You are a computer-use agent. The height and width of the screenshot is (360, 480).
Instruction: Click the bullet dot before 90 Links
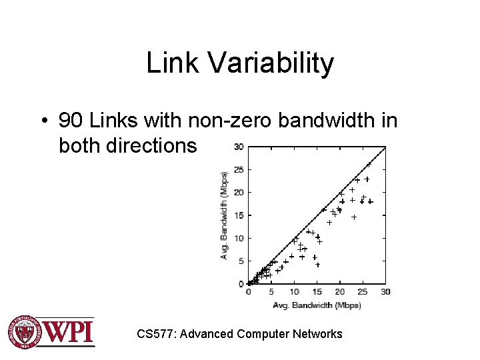[x=43, y=121]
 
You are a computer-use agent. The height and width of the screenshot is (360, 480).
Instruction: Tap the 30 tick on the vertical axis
[x=238, y=147]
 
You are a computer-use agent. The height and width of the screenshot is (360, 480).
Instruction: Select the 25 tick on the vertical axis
[x=238, y=169]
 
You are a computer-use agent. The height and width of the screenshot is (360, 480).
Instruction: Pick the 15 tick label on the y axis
[x=238, y=215]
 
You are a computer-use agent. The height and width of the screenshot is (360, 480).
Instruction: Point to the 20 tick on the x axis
[x=340, y=292]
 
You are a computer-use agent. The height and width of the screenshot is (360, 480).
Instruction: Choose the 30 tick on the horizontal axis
[x=385, y=292]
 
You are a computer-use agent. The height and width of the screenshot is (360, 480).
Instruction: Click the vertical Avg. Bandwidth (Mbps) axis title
[x=225, y=215]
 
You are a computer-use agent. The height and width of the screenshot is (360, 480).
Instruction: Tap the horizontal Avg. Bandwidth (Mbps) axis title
[x=317, y=305]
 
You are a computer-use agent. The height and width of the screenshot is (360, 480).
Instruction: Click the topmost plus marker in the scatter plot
[x=369, y=164]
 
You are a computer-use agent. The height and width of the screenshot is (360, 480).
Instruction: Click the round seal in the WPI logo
[x=25, y=331]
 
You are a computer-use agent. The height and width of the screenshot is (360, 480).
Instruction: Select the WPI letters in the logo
[x=69, y=331]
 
